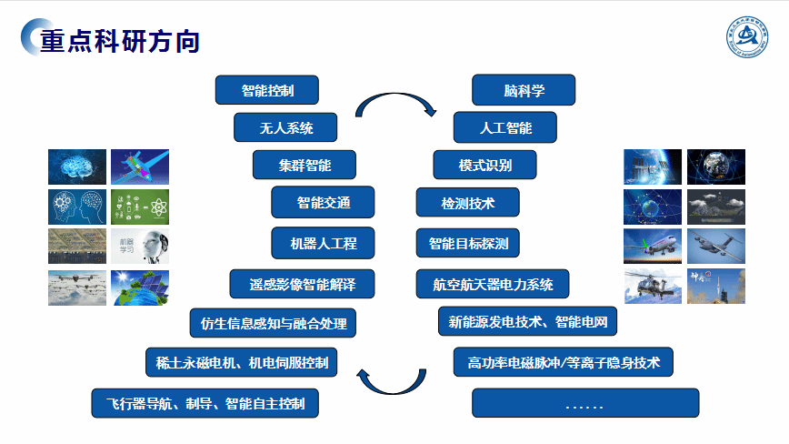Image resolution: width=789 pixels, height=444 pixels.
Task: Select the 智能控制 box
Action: pyautogui.click(x=267, y=90)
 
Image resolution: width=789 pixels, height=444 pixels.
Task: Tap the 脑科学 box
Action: pyautogui.click(x=524, y=90)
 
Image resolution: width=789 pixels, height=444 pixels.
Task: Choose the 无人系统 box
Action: pyautogui.click(x=285, y=127)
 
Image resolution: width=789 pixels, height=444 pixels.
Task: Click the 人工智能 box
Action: pyautogui.click(x=505, y=127)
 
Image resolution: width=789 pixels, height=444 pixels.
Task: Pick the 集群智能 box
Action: pyautogui.click(x=305, y=166)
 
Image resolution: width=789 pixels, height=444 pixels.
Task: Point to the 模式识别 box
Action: pyautogui.click(x=484, y=166)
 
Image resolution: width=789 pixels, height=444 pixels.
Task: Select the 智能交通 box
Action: pyautogui.click(x=323, y=202)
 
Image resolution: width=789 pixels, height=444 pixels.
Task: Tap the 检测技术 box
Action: pyautogui.click(x=467, y=202)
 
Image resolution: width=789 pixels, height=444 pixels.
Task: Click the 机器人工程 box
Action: pyautogui.click(x=323, y=243)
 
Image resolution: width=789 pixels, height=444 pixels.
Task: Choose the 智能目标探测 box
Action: pyautogui.click(x=467, y=243)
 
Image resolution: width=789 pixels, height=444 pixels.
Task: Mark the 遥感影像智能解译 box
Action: pyautogui.click(x=303, y=284)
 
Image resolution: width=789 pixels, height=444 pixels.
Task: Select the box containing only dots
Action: pyautogui.click(x=585, y=403)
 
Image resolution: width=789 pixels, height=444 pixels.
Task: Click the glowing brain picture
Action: pyautogui.click(x=76, y=166)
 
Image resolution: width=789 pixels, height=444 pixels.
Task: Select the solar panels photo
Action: pyautogui.click(x=140, y=288)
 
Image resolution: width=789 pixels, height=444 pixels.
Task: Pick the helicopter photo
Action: pyautogui.click(x=653, y=287)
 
